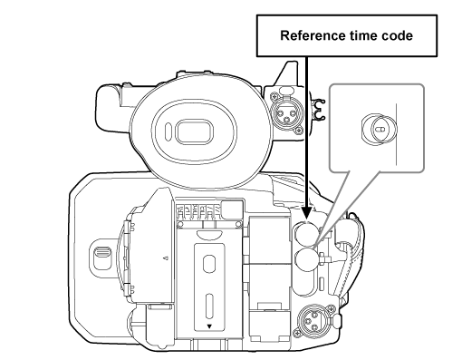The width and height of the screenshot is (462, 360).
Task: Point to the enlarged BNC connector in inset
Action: (x=380, y=128)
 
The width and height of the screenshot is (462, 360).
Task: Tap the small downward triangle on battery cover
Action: (x=208, y=324)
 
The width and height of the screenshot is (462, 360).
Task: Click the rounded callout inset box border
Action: (x=423, y=127)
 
